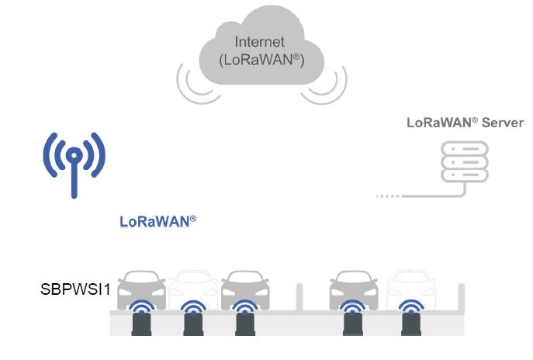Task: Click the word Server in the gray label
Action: (x=501, y=123)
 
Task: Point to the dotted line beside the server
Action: (x=399, y=196)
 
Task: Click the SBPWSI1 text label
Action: (x=74, y=290)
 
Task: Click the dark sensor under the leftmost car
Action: (x=140, y=324)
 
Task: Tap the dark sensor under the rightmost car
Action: (x=410, y=324)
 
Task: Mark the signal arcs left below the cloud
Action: (x=197, y=86)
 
